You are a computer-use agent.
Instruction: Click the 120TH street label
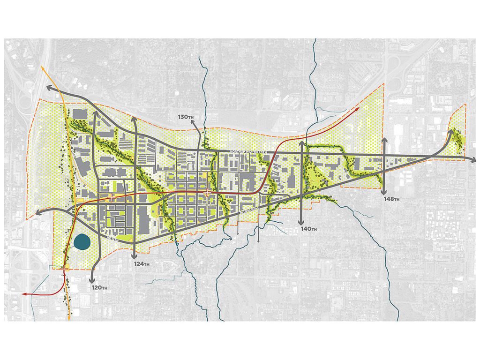click(99, 287)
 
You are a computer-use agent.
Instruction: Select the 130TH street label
click(187, 116)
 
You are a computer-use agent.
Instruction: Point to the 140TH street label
click(309, 229)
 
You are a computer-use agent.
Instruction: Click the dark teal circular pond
click(82, 242)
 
